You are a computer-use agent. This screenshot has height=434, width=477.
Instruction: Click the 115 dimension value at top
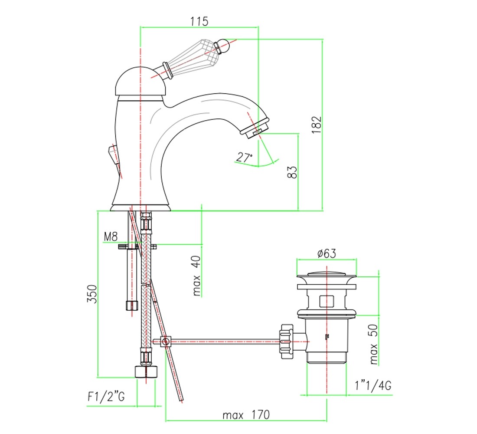[199, 21]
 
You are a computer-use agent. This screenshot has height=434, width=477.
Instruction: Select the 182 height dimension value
[317, 124]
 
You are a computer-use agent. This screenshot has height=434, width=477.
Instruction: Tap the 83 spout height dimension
[292, 172]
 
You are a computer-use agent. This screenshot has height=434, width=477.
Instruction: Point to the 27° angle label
[244, 158]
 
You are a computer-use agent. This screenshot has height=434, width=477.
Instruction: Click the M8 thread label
[111, 237]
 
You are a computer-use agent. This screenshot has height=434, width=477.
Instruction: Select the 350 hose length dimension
[92, 293]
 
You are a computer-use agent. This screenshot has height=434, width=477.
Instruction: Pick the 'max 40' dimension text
[196, 276]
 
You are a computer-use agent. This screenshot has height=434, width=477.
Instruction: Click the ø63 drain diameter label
[327, 253]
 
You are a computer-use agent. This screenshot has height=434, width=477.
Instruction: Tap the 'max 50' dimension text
[373, 345]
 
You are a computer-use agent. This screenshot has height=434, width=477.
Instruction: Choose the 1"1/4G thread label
[373, 385]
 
